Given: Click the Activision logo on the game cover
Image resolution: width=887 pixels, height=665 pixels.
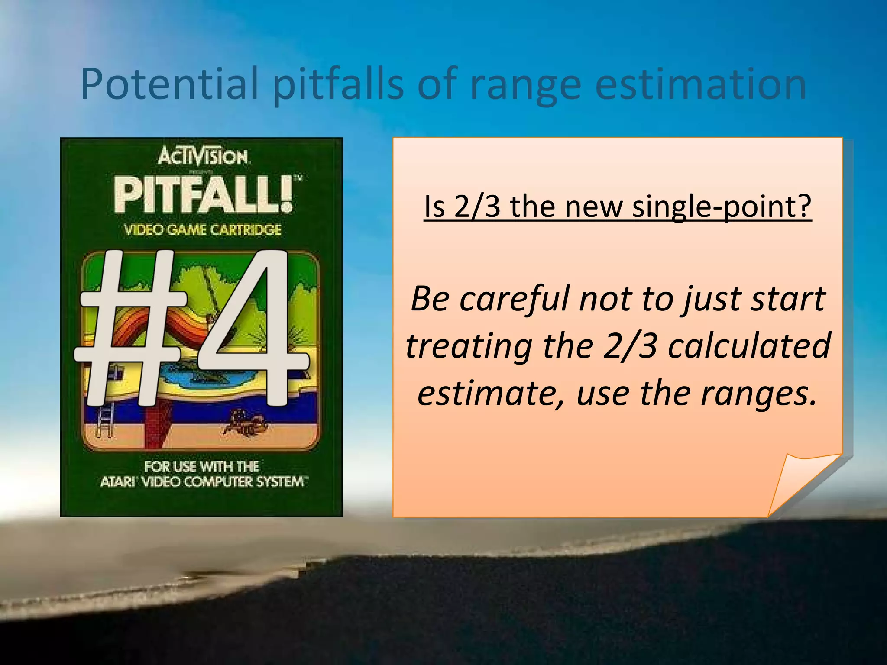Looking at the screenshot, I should pos(203,157).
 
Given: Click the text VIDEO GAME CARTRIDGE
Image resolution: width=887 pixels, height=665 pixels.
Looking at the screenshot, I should pos(203,229).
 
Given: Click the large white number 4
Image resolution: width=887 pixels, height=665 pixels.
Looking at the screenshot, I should pos(247,329).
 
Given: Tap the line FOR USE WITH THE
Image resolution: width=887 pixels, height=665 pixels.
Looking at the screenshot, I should pos(202,466).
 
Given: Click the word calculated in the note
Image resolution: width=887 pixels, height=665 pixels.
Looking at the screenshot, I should pos(749,346).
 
